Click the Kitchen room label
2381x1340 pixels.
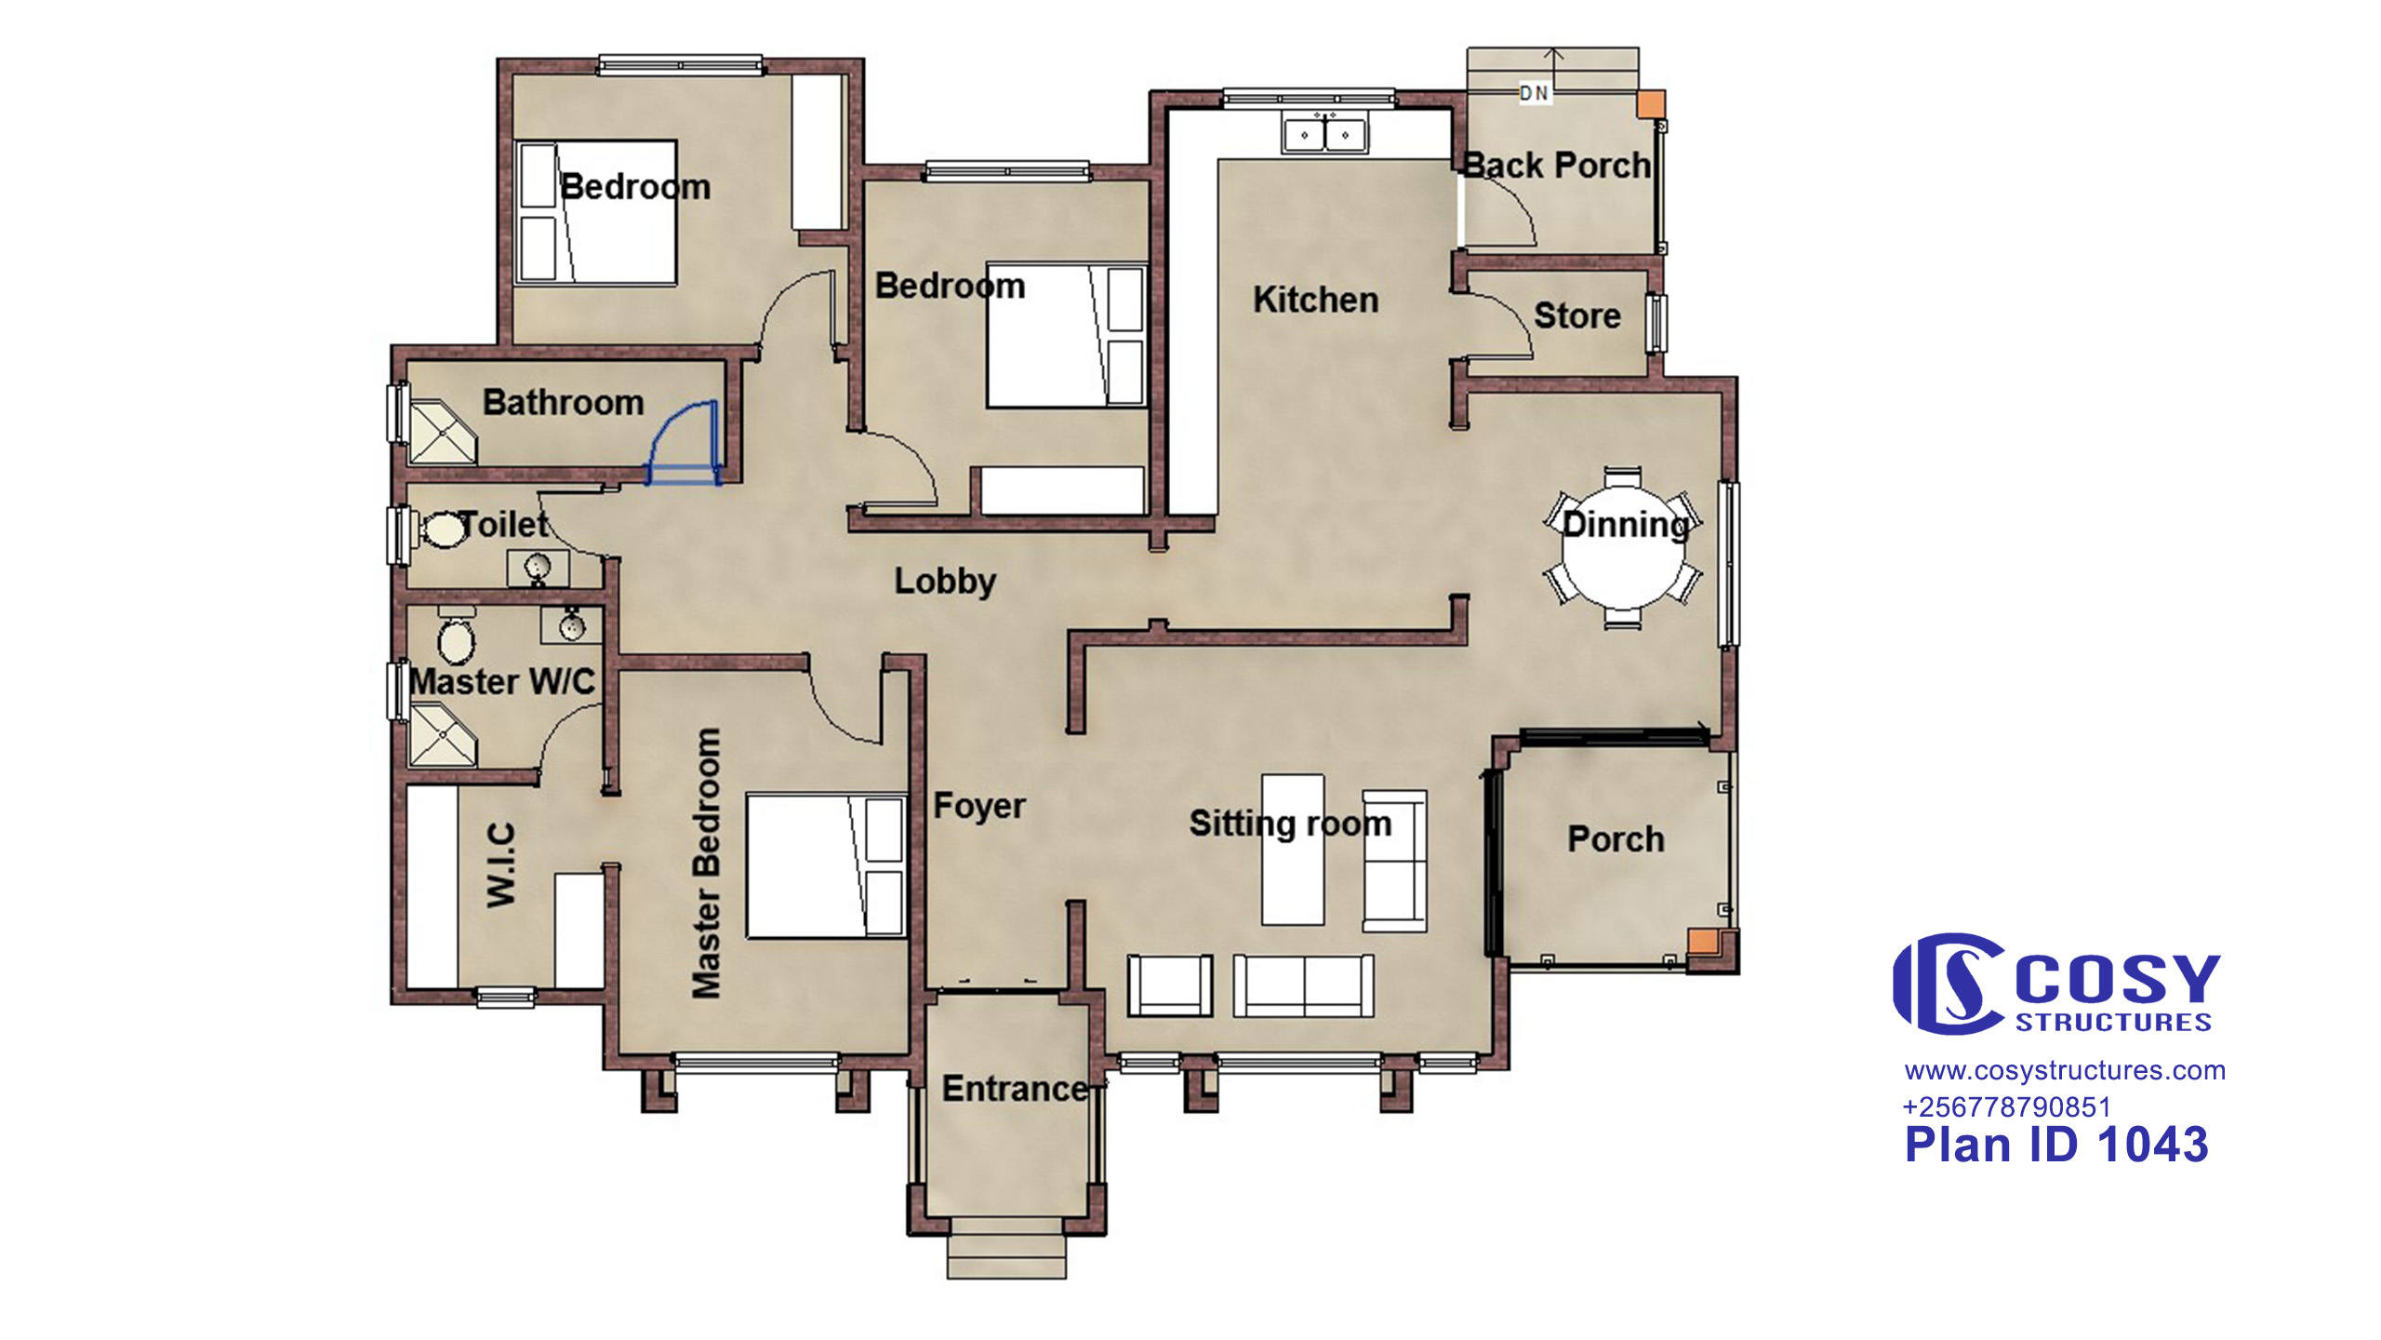coord(1316,300)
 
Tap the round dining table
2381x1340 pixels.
coord(1623,550)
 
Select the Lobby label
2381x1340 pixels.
coord(945,582)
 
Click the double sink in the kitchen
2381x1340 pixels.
coord(1324,134)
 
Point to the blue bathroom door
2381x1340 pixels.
coord(684,443)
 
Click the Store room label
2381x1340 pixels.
coord(1577,315)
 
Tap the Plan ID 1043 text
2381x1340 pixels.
coord(2056,1145)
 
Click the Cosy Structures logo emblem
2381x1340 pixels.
coord(1949,985)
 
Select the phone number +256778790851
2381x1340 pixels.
coord(2006,1107)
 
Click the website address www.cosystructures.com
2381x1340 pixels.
coord(2065,1071)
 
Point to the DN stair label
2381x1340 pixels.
coord(1534,93)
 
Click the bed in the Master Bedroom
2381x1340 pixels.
coord(826,865)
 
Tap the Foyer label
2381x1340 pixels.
coord(979,806)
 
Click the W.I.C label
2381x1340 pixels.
coord(501,864)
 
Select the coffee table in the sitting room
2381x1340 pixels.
coord(1293,849)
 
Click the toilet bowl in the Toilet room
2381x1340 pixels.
coord(443,529)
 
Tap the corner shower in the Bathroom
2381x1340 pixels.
coord(443,432)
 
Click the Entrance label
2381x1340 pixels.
coord(1015,1089)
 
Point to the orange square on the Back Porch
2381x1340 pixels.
coord(1651,104)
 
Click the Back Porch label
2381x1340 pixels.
coord(1557,166)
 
